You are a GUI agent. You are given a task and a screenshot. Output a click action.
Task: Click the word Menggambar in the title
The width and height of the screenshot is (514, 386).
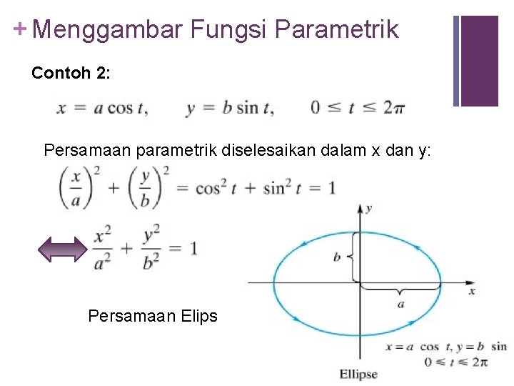pos(107,30)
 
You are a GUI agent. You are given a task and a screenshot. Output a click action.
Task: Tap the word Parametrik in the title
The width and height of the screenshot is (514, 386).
pos(336,30)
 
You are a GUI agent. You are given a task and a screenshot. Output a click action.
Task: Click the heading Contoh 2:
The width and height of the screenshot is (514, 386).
pos(71,73)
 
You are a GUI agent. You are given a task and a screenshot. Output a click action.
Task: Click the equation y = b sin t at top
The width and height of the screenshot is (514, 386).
pos(229,108)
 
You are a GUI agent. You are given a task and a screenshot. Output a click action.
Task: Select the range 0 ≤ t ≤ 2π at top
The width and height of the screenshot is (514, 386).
pos(358,108)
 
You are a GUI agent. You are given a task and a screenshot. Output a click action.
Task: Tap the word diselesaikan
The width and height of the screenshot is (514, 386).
pos(280,151)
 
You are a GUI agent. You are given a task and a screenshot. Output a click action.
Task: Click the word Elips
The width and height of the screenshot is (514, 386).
pos(198,315)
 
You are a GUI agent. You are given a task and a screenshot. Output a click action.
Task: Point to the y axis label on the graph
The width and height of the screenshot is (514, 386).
pos(368,209)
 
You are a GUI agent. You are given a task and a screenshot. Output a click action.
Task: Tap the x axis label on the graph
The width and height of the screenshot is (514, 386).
pos(471,291)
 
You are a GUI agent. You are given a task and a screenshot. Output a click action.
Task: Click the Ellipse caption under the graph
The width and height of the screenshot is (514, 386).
pos(358,374)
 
